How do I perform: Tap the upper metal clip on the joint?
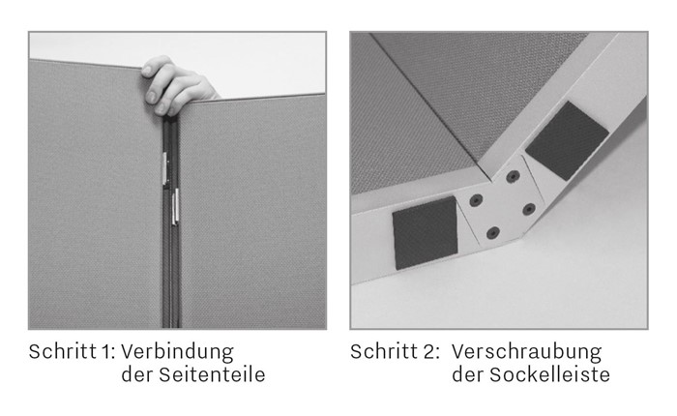(x=165, y=168)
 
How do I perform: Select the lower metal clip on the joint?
(x=175, y=206)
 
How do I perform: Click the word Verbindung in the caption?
(x=177, y=352)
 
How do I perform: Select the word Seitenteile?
(x=212, y=374)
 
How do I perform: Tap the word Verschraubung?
(x=526, y=352)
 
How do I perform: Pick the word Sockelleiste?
(x=549, y=374)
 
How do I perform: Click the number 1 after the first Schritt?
(x=106, y=351)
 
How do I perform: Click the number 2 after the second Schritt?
(x=429, y=351)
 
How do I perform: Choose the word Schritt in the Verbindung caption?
(x=63, y=351)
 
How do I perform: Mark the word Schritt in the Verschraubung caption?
(x=384, y=351)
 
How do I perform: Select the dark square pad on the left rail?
(x=425, y=233)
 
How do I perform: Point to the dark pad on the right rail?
(x=566, y=141)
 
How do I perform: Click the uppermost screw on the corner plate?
(x=513, y=176)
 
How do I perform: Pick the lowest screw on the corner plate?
(x=493, y=233)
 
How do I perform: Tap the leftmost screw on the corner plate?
(x=476, y=200)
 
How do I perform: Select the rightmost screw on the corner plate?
(x=529, y=210)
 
